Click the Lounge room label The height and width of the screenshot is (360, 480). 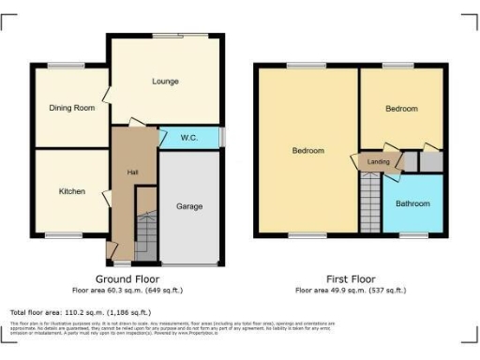[165, 82]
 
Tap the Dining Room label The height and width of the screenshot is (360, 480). [72, 108]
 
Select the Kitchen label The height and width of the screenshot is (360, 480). [72, 191]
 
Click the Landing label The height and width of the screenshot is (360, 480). [379, 161]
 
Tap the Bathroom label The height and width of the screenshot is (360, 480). [412, 203]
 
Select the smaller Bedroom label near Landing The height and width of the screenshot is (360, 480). [401, 109]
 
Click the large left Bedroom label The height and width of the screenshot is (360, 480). [307, 151]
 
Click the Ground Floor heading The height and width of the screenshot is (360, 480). [127, 278]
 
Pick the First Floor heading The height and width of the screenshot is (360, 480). [351, 278]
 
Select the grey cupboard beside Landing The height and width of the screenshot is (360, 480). [430, 161]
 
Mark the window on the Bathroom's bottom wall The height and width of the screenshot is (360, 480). [413, 234]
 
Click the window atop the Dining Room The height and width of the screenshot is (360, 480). [67, 67]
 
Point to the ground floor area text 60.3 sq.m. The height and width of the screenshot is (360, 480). [127, 290]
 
